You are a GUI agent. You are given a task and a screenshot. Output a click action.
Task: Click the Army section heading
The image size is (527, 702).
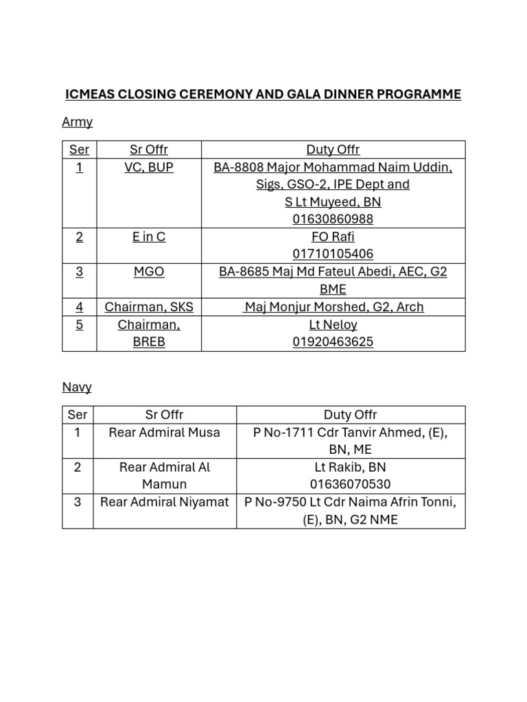[77, 122]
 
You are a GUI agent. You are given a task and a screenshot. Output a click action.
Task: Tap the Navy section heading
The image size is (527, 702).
[77, 387]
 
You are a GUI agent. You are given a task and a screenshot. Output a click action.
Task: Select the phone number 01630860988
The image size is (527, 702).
[333, 219]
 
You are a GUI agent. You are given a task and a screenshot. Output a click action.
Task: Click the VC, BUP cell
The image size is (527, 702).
[149, 167]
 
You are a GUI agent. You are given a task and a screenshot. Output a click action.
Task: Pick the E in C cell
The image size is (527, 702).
[149, 237]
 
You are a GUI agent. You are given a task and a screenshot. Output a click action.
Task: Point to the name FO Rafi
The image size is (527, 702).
[333, 237]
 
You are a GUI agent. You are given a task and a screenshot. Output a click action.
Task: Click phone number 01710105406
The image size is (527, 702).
[333, 254]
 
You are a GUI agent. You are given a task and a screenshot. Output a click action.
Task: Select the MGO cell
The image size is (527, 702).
[149, 272]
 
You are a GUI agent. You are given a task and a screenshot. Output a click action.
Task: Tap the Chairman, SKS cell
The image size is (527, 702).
[149, 307]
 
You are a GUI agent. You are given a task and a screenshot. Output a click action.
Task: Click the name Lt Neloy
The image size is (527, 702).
[333, 325]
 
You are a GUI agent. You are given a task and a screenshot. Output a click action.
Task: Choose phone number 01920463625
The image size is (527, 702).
[333, 342]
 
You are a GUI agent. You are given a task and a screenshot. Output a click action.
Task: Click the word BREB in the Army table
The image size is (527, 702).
[149, 342]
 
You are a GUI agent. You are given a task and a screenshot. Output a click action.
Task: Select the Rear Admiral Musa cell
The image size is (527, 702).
[165, 433]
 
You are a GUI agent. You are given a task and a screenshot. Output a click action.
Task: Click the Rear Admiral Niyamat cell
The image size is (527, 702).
[165, 503]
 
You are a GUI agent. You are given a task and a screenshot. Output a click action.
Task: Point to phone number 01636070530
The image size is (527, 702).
[350, 485]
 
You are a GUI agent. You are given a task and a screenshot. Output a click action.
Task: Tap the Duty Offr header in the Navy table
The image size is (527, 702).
[350, 415]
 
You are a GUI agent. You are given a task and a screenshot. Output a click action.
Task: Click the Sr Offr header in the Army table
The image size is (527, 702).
[149, 149]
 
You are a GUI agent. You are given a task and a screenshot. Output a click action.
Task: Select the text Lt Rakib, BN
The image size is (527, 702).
[350, 468]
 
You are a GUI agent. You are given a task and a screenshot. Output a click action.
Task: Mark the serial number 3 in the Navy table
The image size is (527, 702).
[78, 503]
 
